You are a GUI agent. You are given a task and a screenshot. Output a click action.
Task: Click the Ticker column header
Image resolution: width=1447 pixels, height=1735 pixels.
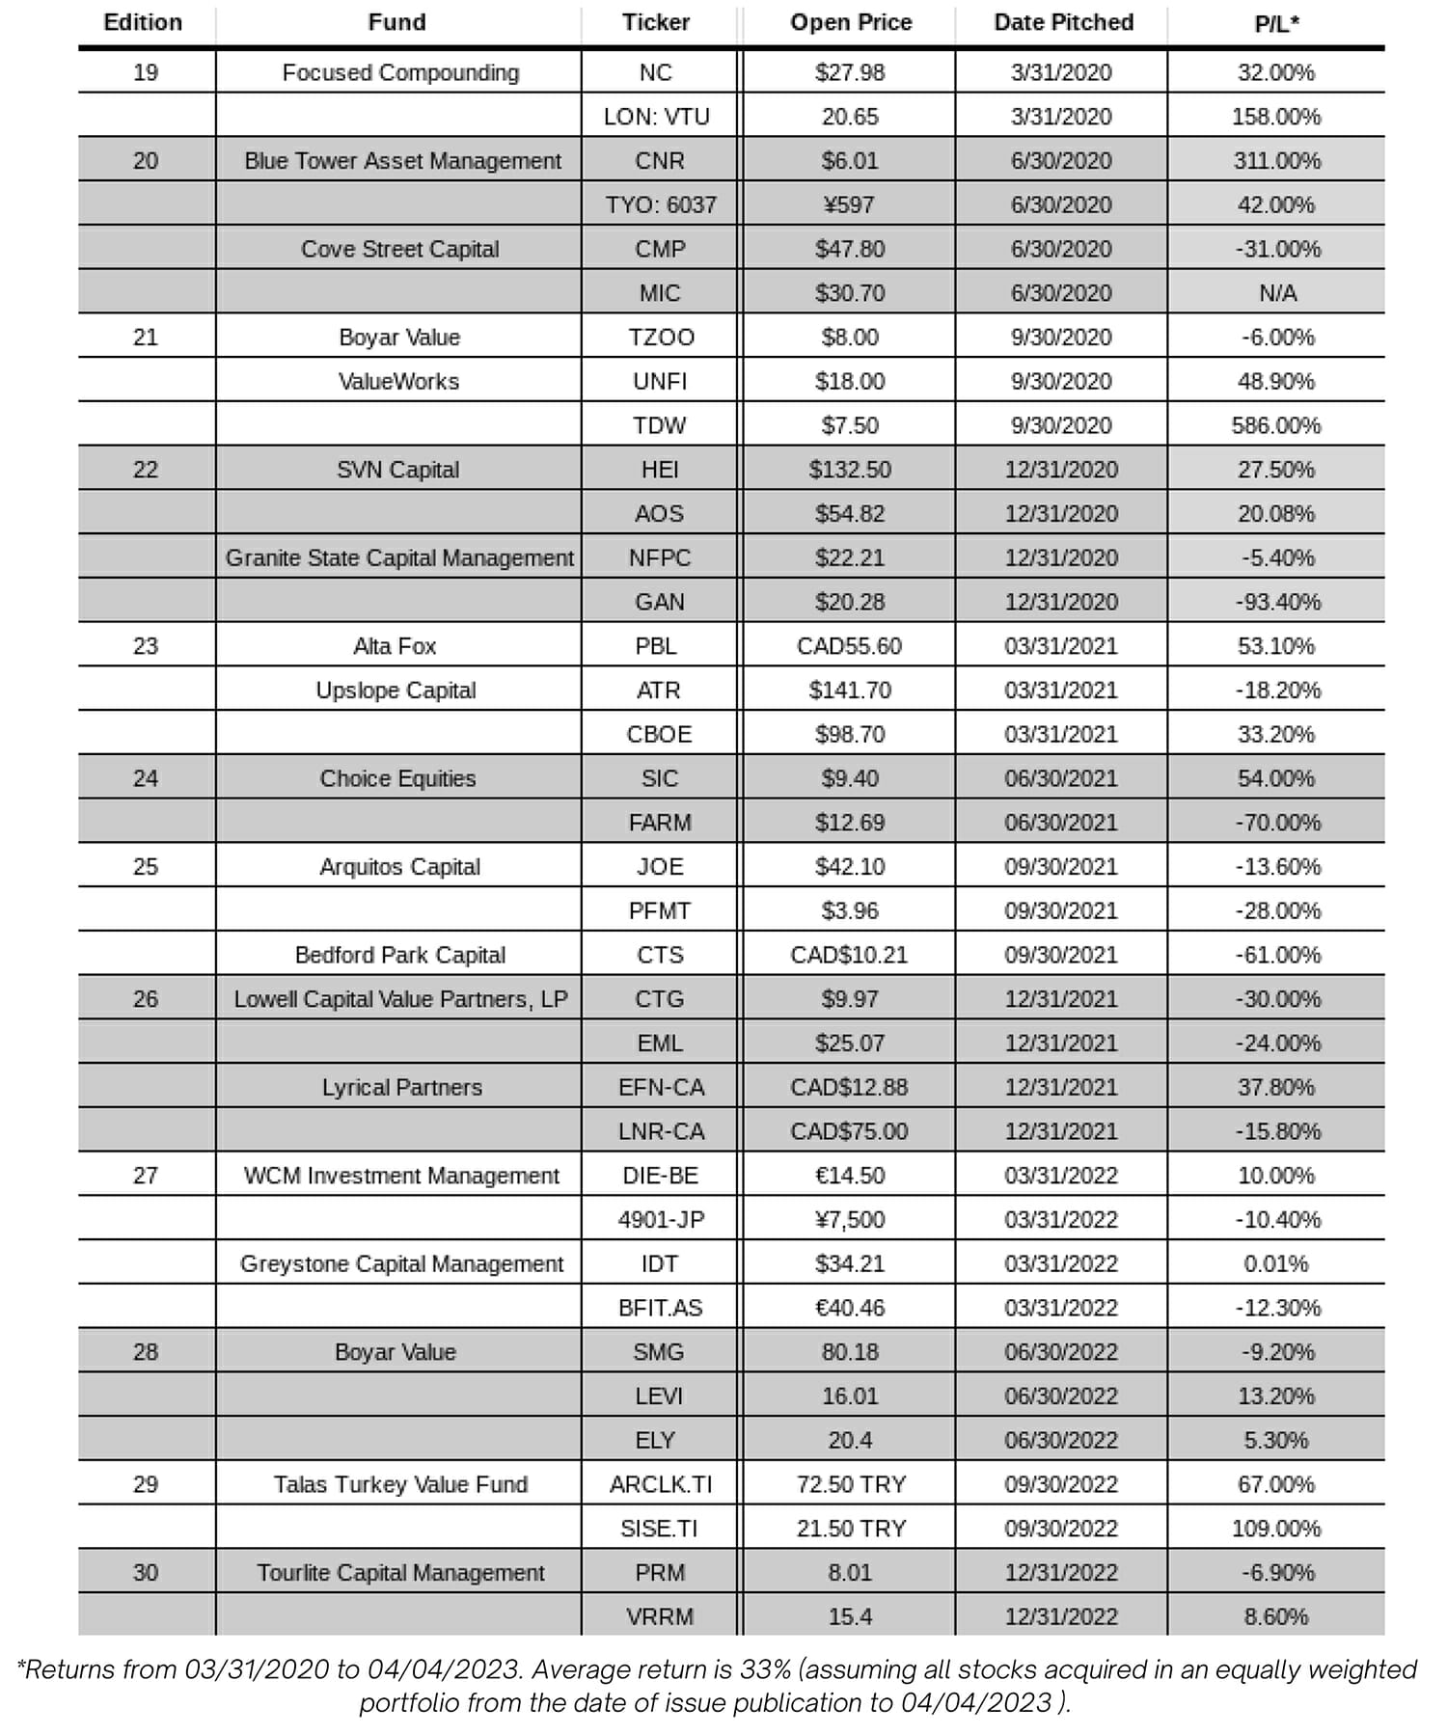pyautogui.click(x=656, y=22)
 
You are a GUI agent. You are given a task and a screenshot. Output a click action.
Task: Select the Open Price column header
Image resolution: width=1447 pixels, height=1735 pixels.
pyautogui.click(x=850, y=22)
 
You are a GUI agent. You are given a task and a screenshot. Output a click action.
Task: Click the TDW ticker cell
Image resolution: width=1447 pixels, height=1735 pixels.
pyautogui.click(x=659, y=425)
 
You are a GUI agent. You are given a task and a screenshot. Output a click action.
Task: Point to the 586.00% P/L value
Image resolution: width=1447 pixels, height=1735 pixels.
pyautogui.click(x=1275, y=425)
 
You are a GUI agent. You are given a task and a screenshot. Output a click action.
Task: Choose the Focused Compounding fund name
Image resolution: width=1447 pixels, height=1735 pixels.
pyautogui.click(x=399, y=72)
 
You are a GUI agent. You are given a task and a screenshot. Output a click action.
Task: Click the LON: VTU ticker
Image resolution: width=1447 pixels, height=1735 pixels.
pyautogui.click(x=656, y=117)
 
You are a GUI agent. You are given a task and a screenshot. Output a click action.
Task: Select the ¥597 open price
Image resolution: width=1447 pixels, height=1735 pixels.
pyautogui.click(x=850, y=204)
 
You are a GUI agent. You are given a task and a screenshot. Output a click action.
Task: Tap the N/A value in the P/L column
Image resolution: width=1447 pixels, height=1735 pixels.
pyautogui.click(x=1277, y=293)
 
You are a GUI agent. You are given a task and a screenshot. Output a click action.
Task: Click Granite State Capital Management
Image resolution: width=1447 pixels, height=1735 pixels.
pyautogui.click(x=399, y=557)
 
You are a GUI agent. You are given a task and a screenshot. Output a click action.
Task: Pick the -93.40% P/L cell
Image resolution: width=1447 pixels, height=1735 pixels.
pyautogui.click(x=1277, y=602)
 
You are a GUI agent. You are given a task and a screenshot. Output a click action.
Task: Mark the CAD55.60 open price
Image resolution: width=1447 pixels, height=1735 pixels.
pyautogui.click(x=849, y=646)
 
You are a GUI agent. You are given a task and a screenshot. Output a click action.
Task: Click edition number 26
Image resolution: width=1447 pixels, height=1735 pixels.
pyautogui.click(x=145, y=999)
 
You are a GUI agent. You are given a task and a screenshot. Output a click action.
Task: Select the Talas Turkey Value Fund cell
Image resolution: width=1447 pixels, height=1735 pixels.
pyautogui.click(x=399, y=1484)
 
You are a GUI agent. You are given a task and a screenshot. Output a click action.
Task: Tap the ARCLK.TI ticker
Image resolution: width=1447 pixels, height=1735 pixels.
pyautogui.click(x=660, y=1484)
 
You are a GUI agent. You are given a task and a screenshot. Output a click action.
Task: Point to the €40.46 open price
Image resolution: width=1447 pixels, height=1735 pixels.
pyautogui.click(x=850, y=1308)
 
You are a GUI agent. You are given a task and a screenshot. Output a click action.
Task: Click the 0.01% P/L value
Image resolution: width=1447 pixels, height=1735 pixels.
pyautogui.click(x=1275, y=1263)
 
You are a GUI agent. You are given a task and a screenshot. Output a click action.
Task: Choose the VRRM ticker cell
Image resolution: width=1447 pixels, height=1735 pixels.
pyautogui.click(x=659, y=1616)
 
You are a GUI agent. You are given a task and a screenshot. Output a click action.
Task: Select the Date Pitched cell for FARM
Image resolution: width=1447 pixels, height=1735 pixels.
pyautogui.click(x=1060, y=823)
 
